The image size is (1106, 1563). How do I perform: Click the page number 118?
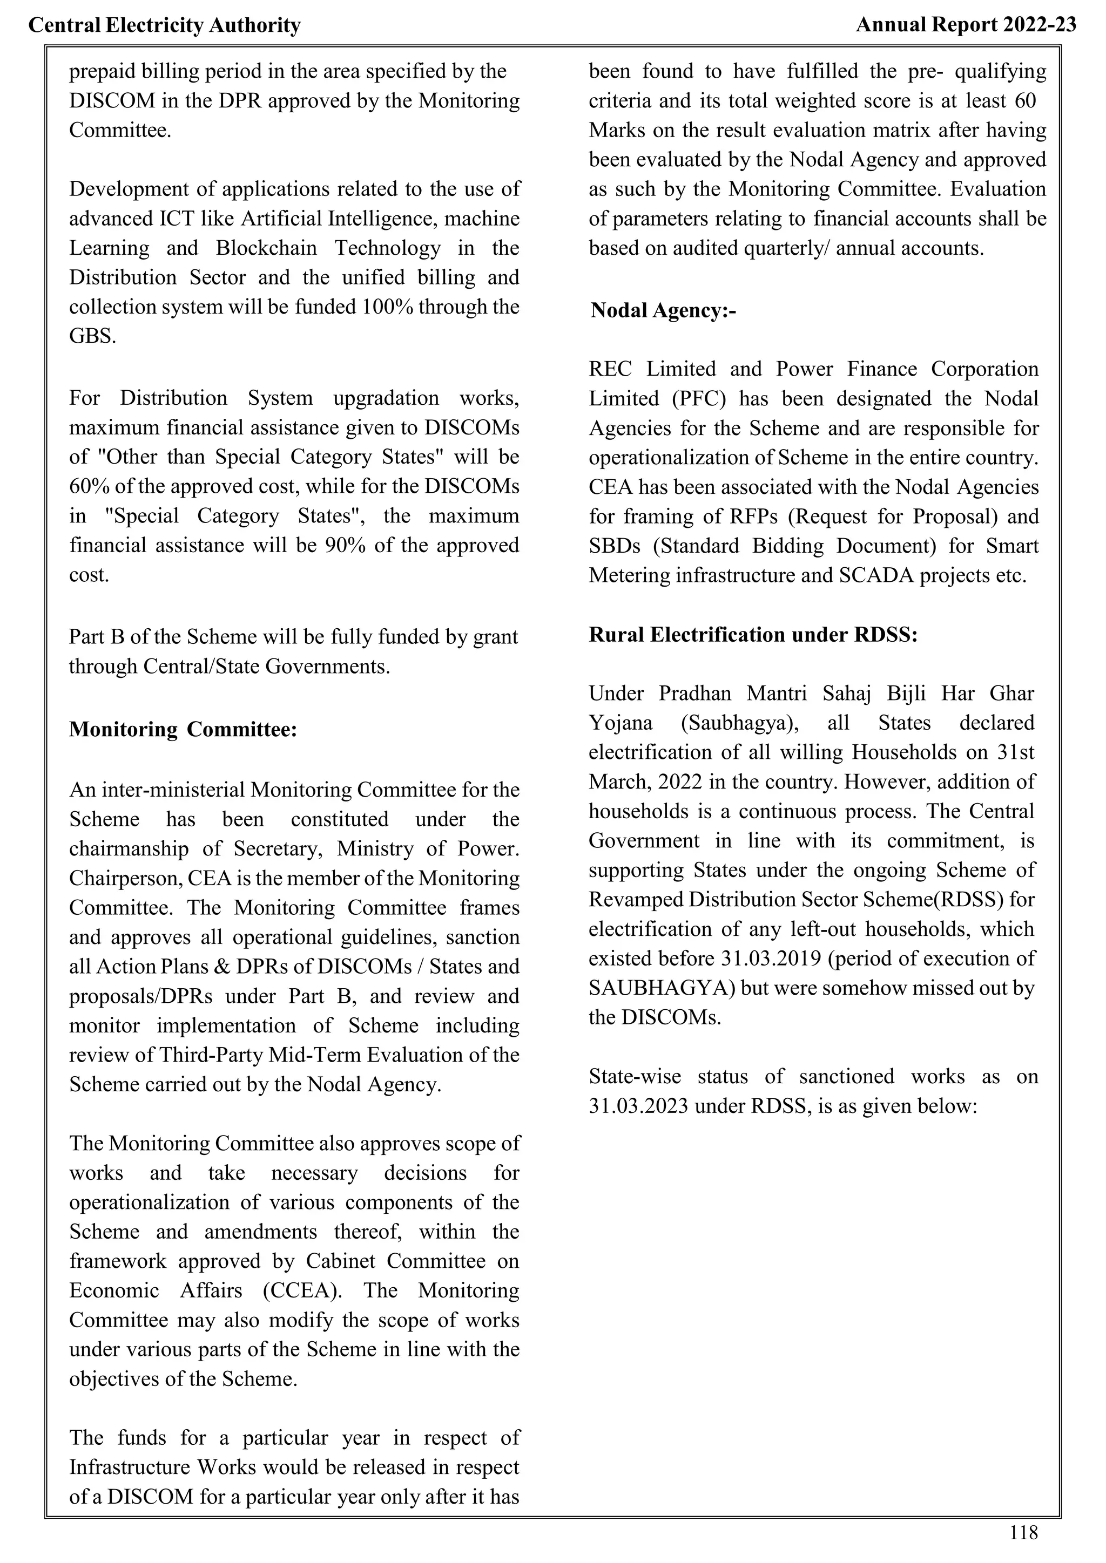[1023, 1532]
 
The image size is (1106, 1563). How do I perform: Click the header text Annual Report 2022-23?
[966, 25]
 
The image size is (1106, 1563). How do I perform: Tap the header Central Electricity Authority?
[164, 26]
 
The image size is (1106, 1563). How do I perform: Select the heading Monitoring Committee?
[183, 729]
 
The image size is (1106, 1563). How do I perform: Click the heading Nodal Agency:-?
[663, 310]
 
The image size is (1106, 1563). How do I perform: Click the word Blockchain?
[266, 248]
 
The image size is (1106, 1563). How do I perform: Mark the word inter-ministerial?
[174, 790]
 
